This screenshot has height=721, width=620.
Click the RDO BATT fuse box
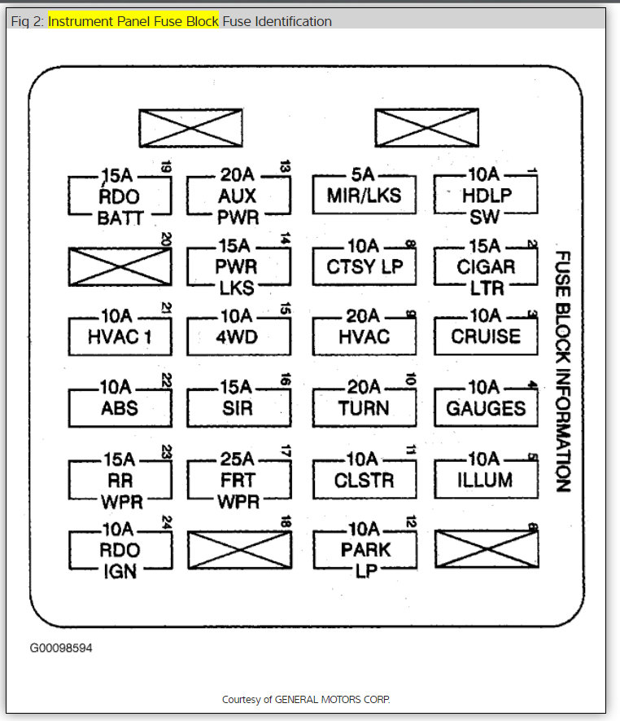[x=120, y=196]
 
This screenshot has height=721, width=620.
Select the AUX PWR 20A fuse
[x=238, y=196]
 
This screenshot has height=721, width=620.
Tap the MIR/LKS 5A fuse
[x=364, y=196]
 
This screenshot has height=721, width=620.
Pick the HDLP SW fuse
[x=485, y=196]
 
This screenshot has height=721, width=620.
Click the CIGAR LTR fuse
[x=485, y=266]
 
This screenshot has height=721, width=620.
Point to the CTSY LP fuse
[x=364, y=266]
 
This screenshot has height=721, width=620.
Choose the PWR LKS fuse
[x=238, y=266]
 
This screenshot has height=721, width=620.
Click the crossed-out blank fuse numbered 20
[x=120, y=266]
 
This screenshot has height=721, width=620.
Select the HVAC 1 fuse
[x=120, y=336]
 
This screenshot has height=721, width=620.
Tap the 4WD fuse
[x=238, y=336]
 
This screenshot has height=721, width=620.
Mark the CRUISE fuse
[x=485, y=336]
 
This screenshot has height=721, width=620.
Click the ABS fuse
[x=120, y=407]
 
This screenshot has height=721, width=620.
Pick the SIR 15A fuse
[x=238, y=407]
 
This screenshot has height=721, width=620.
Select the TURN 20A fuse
[x=364, y=407]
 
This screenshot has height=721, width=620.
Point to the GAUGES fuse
[x=485, y=407]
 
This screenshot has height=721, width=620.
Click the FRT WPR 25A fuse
[x=238, y=480]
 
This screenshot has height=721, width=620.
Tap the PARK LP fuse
[x=364, y=550]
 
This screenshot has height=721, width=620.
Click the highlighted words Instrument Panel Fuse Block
[x=133, y=21]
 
